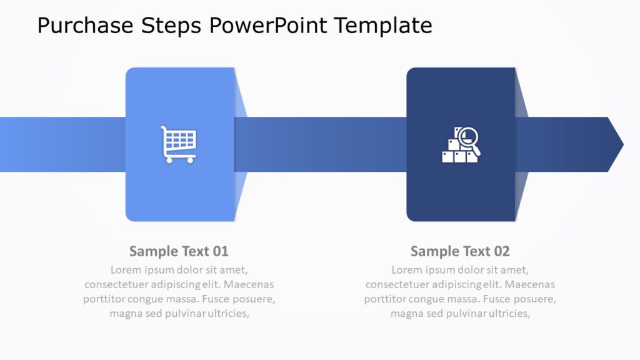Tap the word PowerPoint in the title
pyautogui.click(x=268, y=26)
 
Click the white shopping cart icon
pyautogui.click(x=179, y=144)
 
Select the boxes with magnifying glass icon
pyautogui.click(x=461, y=145)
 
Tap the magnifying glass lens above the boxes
pyautogui.click(x=469, y=137)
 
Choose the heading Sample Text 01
pyautogui.click(x=179, y=251)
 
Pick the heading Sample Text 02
pyautogui.click(x=460, y=251)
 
